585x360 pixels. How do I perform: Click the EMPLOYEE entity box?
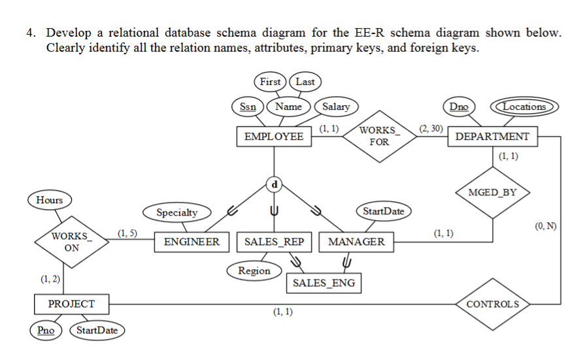click(273, 137)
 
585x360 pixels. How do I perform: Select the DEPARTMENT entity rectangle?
click(492, 137)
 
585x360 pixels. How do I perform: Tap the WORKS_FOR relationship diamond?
click(378, 137)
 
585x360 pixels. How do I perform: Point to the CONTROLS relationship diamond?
click(493, 304)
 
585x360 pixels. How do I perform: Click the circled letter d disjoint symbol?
click(274, 185)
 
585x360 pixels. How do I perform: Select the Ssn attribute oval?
click(248, 106)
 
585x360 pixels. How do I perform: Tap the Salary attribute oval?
click(336, 106)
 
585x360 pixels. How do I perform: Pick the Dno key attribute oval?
click(460, 106)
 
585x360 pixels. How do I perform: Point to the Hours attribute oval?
click(50, 200)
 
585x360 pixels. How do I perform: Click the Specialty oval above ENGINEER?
click(176, 212)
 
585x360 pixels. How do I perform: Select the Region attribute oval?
click(254, 270)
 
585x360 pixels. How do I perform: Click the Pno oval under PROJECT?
click(46, 330)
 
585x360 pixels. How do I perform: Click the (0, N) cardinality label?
click(545, 227)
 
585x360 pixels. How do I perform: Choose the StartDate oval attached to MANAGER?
click(383, 211)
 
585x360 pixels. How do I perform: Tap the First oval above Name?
click(270, 82)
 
